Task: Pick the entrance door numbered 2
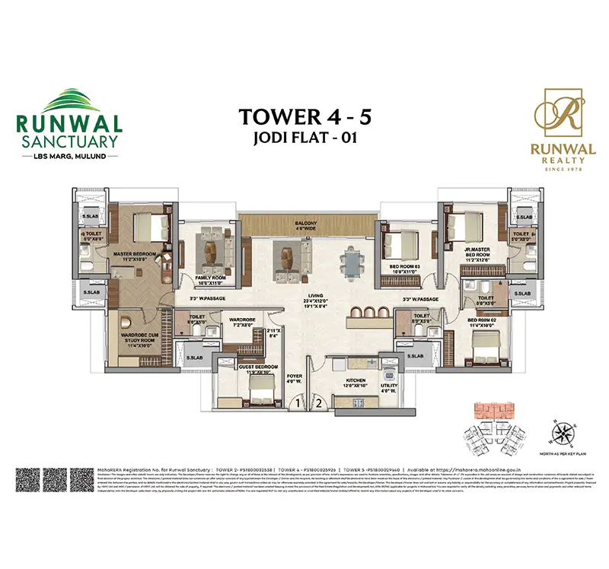click(320, 403)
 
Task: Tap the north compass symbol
click(563, 436)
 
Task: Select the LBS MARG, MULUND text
click(68, 156)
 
